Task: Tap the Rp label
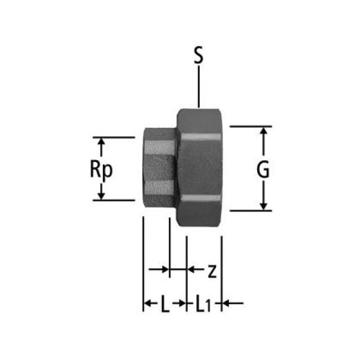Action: tap(101, 169)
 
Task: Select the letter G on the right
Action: tap(263, 169)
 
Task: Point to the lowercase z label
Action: tap(211, 271)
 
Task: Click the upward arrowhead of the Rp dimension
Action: tap(101, 144)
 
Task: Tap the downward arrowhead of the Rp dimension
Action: tap(101, 194)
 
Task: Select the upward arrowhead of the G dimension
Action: tap(263, 133)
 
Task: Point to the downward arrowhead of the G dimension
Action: tap(263, 204)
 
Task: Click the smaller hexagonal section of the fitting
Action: tap(159, 169)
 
